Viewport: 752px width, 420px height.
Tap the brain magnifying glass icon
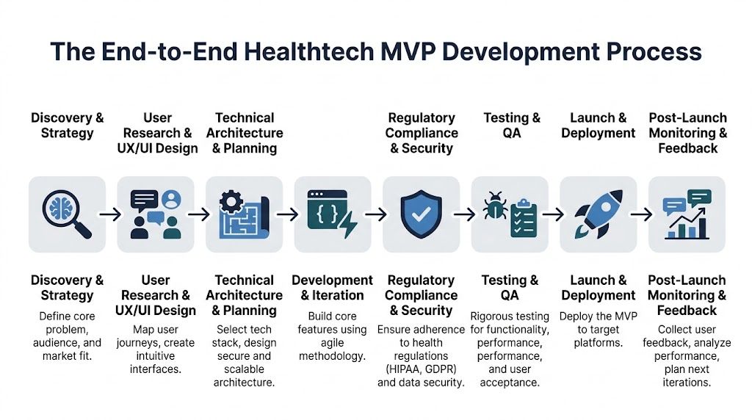pos(66,214)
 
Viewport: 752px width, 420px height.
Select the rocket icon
pos(599,214)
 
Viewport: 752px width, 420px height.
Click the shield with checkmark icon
pos(422,214)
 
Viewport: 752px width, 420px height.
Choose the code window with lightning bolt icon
pos(333,214)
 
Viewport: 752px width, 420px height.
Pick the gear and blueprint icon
pos(244,214)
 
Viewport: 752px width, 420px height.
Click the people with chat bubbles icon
pos(156,214)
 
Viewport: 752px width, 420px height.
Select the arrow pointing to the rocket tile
pos(553,214)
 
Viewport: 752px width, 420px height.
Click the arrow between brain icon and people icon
pos(111,214)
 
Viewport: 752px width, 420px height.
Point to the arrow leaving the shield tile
pos(464,214)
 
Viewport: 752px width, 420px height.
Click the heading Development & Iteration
pos(333,288)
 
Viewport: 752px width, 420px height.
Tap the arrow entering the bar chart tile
pos(641,214)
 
